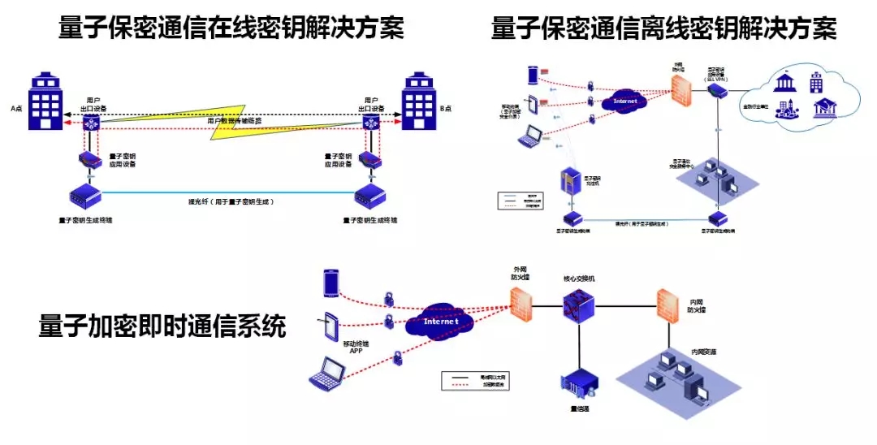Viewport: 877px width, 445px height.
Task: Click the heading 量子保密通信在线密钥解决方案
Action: pos(231,29)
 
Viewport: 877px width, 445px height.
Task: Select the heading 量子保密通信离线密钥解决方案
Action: pos(663,29)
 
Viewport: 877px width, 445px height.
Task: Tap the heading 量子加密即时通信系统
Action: pos(162,327)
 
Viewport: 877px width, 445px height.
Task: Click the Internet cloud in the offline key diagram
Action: pos(625,102)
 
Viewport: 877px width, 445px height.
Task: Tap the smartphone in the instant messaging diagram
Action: pos(331,282)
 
